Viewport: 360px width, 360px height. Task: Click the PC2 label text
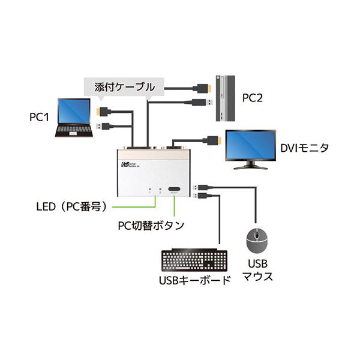[x=254, y=97]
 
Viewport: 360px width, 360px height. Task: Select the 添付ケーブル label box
[x=124, y=86]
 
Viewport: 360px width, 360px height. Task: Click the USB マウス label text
[x=258, y=270]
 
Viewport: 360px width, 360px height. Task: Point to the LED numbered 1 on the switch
[x=149, y=190]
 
